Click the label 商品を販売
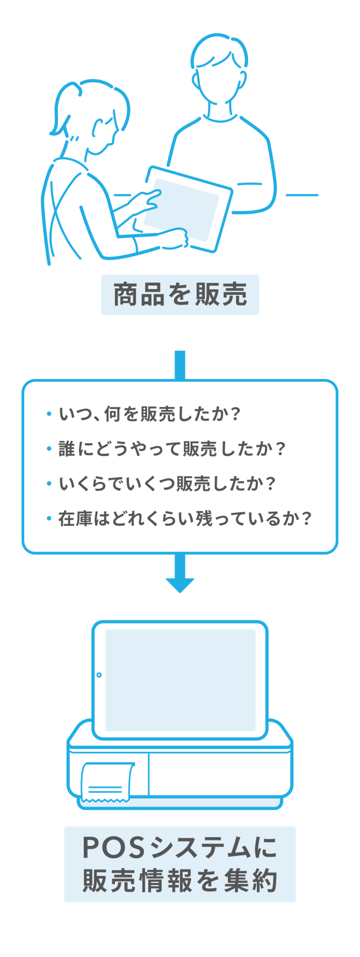click(180, 294)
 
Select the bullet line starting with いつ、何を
click(150, 414)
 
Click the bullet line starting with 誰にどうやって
click(172, 448)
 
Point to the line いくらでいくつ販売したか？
click(167, 483)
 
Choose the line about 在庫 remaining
click(185, 518)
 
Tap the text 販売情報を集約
click(180, 881)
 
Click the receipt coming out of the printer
click(107, 782)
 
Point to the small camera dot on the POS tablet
click(99, 675)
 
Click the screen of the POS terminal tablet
click(180, 679)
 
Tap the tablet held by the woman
click(185, 209)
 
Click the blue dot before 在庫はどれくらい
click(48, 518)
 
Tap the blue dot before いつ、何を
click(48, 414)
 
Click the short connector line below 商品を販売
click(180, 365)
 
